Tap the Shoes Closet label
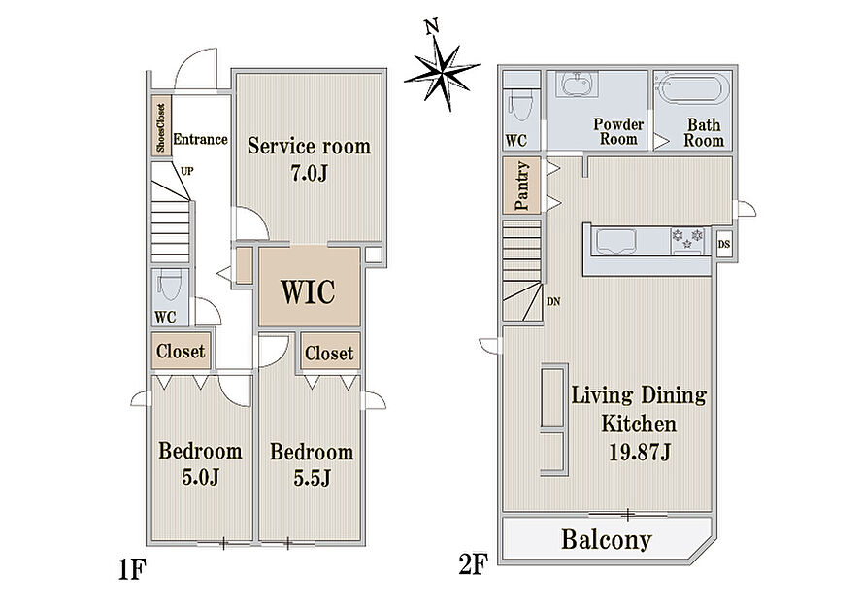[161, 127]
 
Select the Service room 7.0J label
[309, 159]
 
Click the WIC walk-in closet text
[309, 291]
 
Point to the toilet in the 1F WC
[168, 286]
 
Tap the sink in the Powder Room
[577, 84]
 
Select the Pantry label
[521, 186]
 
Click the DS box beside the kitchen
[724, 243]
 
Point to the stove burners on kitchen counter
[687, 239]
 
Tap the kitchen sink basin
[616, 242]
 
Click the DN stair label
[553, 302]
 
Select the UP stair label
[187, 171]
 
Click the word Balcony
[606, 540]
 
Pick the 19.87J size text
[639, 453]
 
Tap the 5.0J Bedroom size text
[200, 477]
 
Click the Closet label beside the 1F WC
[181, 351]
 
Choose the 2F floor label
[474, 564]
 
